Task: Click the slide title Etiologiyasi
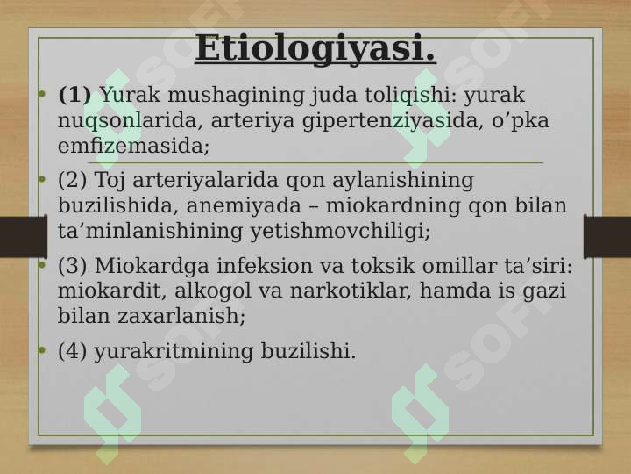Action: point(315,49)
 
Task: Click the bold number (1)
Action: point(74,95)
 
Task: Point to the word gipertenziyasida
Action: point(393,121)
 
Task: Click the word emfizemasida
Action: point(133,146)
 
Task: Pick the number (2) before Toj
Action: point(73,180)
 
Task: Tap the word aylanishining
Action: point(403,181)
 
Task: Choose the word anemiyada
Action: point(244,205)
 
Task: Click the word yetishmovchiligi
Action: point(340,232)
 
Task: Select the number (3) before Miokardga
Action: point(73,266)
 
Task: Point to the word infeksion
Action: point(280,266)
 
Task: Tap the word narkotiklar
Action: point(350,291)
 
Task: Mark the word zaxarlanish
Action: point(181,316)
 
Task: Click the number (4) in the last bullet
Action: point(73,351)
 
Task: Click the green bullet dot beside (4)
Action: point(42,350)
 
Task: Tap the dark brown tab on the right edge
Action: point(607,237)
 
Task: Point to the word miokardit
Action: point(112,291)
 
